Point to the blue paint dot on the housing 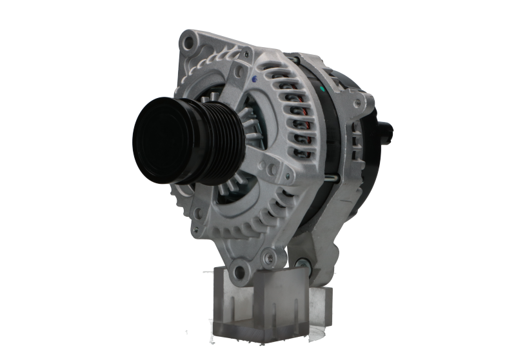(256, 79)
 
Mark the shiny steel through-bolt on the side (335, 179)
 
